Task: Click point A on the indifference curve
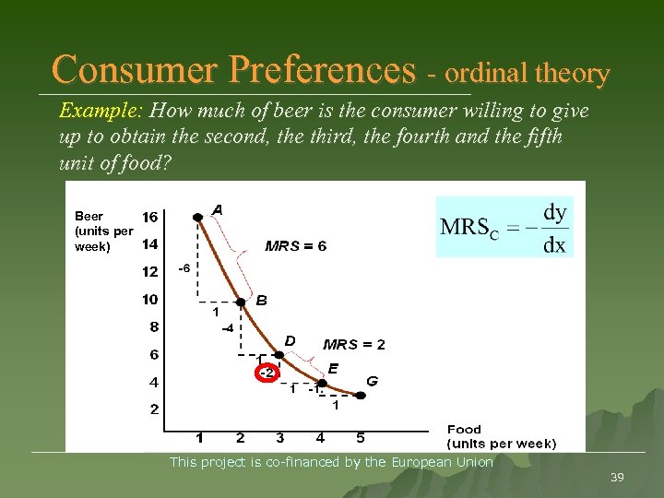(197, 217)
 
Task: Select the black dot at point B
(240, 302)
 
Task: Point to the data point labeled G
(361, 395)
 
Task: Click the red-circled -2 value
(266, 373)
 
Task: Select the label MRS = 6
(295, 246)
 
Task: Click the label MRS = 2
(354, 345)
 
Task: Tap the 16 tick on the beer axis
(149, 217)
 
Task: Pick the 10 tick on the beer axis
(149, 300)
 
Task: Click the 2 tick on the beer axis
(154, 409)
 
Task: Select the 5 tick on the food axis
(361, 438)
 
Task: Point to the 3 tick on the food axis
(279, 438)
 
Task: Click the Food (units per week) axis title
(501, 436)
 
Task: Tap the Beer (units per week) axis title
(103, 231)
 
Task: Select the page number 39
(617, 477)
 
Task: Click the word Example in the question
(98, 112)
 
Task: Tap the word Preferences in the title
(318, 69)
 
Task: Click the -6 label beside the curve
(184, 269)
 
